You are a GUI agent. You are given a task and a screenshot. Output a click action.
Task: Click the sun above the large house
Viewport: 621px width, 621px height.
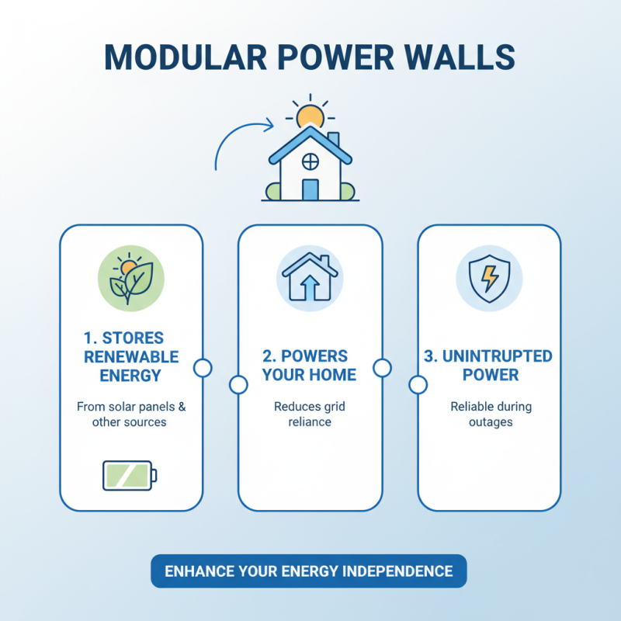310,117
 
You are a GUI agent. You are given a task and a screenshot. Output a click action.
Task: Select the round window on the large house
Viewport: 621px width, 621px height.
310,161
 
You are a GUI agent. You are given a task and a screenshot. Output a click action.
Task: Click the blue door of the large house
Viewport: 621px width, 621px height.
310,189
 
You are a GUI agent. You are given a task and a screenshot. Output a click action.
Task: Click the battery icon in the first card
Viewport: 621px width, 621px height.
129,475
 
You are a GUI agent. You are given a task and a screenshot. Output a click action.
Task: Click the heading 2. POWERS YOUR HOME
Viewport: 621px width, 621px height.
309,366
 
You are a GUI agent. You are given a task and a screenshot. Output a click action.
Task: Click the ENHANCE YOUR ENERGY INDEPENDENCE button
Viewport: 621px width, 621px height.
309,571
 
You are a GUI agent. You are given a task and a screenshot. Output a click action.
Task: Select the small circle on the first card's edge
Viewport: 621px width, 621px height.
203,368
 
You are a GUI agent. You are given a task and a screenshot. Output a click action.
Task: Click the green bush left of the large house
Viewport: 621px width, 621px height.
273,191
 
